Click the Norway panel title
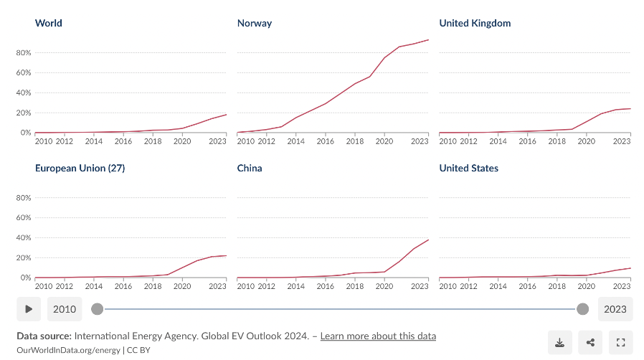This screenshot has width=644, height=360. [x=255, y=23]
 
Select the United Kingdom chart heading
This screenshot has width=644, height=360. [x=475, y=23]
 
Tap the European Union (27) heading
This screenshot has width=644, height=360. [x=80, y=168]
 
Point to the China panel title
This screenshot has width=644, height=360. [x=250, y=168]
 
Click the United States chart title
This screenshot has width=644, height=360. [x=468, y=168]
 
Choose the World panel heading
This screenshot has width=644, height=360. [x=49, y=23]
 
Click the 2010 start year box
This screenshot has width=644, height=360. [x=65, y=309]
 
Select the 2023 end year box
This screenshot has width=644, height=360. [x=615, y=309]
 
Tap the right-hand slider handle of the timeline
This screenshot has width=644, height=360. [x=583, y=309]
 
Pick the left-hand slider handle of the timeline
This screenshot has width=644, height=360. [x=97, y=309]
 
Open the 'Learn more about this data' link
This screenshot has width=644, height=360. [x=378, y=336]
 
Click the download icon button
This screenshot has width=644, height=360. [x=560, y=343]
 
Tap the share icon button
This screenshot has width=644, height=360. [x=590, y=343]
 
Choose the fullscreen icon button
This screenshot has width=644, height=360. [x=620, y=343]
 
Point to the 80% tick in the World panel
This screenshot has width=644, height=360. [x=24, y=53]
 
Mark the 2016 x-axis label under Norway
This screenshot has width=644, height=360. [x=325, y=141]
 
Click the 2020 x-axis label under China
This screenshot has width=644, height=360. [x=384, y=286]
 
